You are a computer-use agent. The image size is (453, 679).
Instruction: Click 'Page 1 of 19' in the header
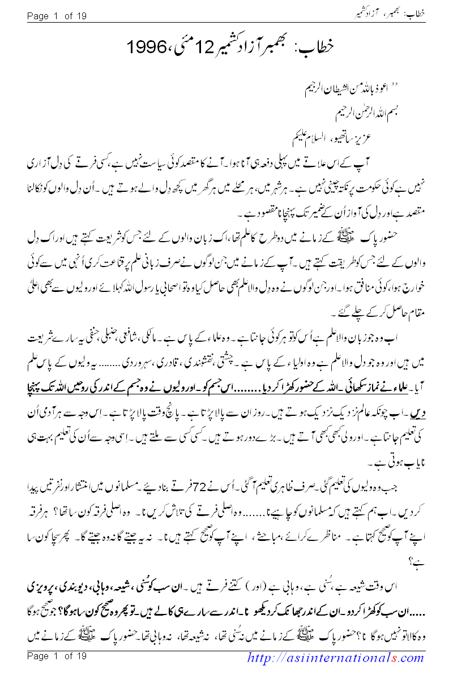tap(57, 16)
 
